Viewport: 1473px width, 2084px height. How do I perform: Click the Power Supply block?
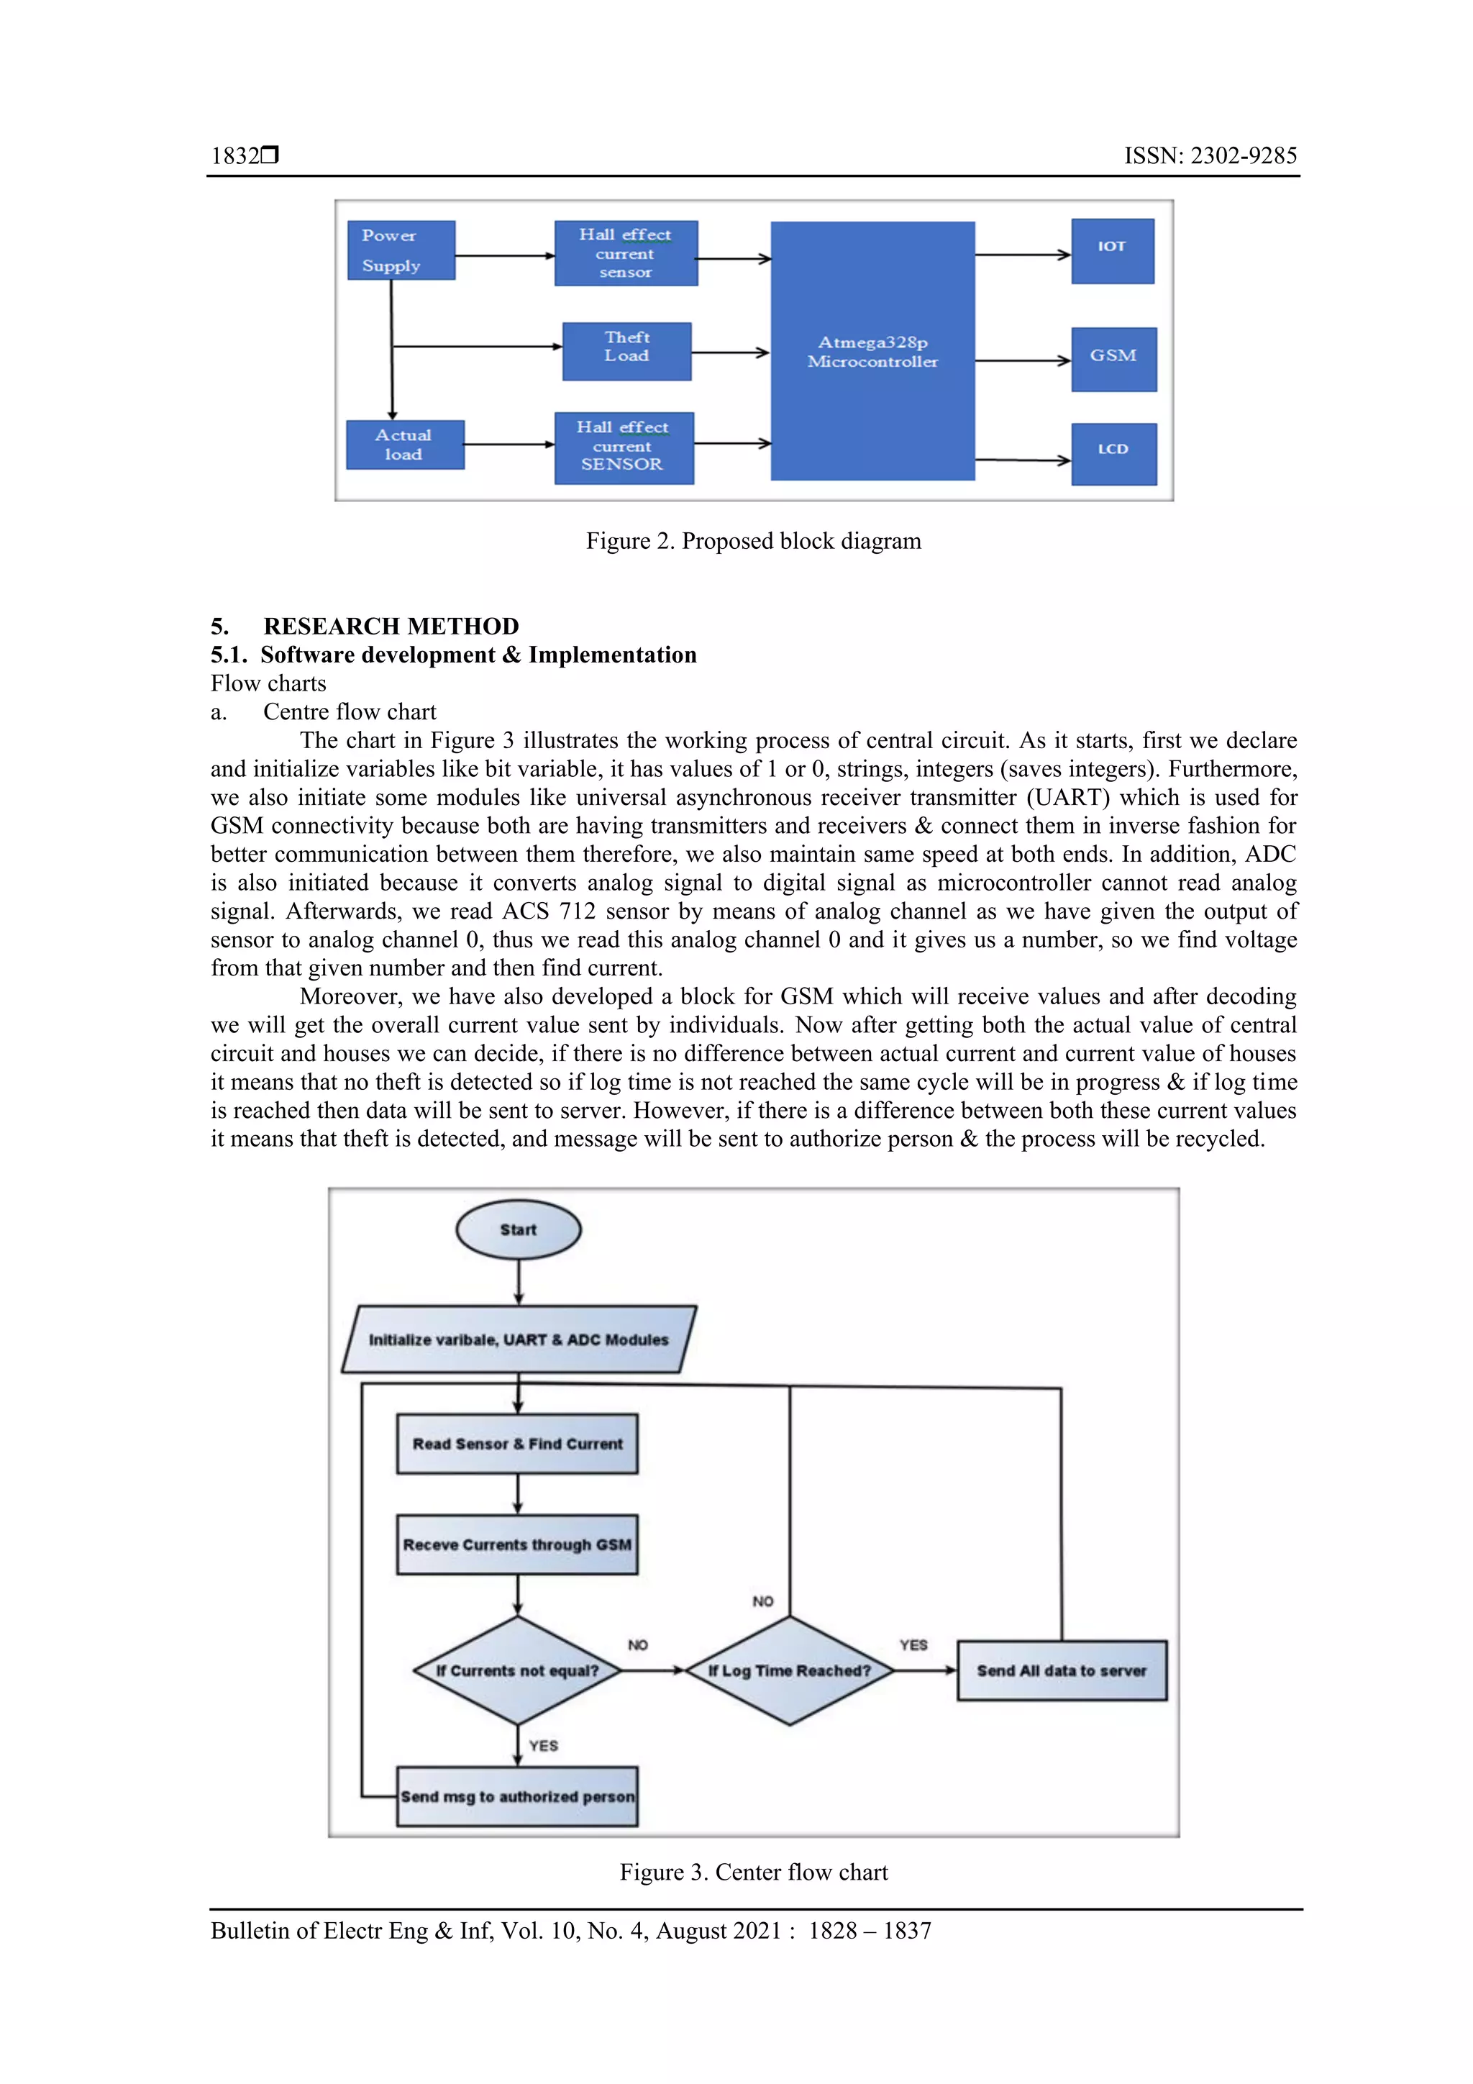click(400, 250)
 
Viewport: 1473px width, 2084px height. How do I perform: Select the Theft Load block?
click(626, 351)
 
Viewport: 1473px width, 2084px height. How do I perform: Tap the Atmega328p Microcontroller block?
click(872, 351)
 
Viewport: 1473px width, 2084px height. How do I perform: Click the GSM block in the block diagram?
click(1113, 360)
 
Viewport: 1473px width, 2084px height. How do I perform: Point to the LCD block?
click(1113, 454)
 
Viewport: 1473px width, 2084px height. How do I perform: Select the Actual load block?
click(405, 445)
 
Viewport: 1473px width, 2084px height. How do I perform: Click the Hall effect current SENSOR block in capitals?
click(624, 447)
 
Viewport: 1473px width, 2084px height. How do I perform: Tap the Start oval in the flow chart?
click(519, 1230)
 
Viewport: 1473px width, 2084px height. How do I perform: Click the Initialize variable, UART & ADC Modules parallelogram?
click(519, 1339)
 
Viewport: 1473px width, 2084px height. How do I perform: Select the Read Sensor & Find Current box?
click(517, 1444)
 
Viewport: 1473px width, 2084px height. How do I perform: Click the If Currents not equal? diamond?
click(517, 1671)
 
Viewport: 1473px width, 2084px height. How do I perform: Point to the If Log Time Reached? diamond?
click(790, 1671)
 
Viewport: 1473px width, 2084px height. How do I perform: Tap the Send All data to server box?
click(1062, 1671)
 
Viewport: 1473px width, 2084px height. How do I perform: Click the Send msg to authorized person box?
click(517, 1797)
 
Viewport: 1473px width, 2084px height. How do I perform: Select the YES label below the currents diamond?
click(544, 1745)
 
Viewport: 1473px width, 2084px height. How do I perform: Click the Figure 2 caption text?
click(753, 542)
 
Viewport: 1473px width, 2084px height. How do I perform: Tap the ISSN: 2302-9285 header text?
click(1210, 156)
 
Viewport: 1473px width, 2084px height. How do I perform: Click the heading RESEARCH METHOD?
click(391, 627)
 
